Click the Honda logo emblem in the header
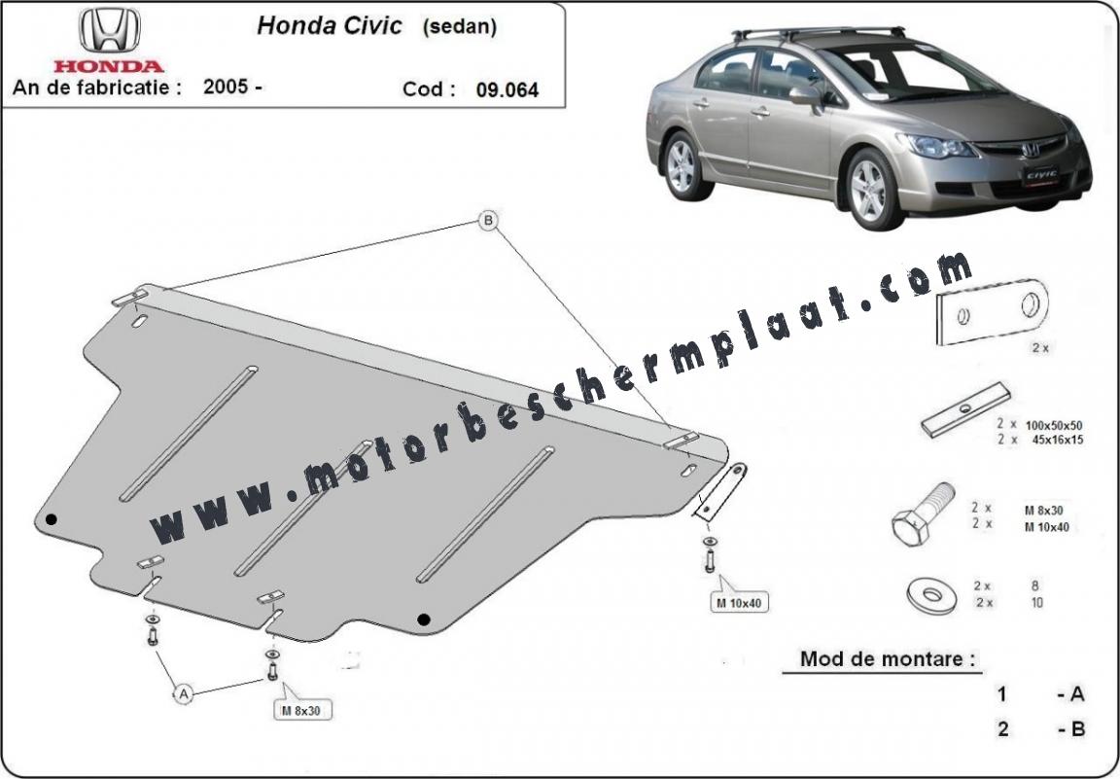109,31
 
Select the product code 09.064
507,90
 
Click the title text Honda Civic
330,25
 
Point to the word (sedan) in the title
459,27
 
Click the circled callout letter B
489,221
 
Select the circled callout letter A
184,693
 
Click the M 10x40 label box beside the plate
739,602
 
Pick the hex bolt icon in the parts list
923,513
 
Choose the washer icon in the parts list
931,594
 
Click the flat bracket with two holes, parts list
992,312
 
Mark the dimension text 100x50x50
1054,425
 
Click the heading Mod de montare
887,658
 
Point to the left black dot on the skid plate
51,519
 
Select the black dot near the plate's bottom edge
424,619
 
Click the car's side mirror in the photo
806,95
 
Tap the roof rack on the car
818,33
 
